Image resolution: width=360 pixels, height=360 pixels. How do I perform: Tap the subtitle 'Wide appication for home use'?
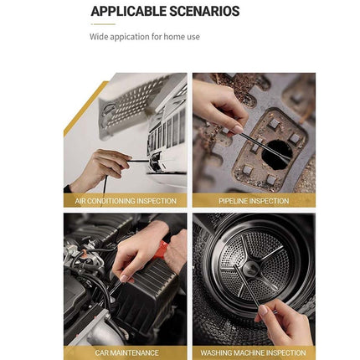tap(144, 37)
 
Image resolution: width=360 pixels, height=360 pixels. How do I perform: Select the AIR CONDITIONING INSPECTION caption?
tap(126, 201)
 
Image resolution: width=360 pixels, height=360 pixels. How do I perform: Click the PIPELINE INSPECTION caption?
tap(254, 201)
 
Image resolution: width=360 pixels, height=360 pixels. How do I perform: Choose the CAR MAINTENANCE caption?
tap(126, 352)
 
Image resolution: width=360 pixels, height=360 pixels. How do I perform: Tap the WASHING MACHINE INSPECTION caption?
tap(254, 352)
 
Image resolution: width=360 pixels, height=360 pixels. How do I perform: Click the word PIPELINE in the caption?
tap(234, 201)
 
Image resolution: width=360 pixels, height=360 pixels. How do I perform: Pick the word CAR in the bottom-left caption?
tap(103, 352)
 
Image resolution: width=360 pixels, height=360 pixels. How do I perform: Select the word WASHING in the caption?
tap(219, 352)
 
